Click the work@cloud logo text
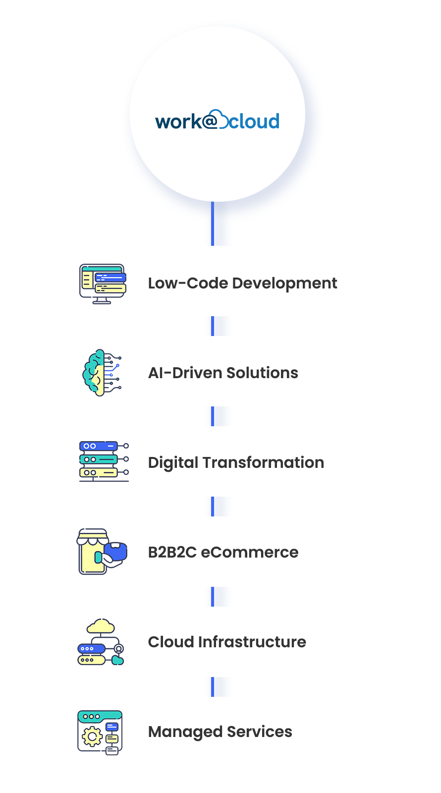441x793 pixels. [217, 121]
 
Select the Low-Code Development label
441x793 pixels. [242, 283]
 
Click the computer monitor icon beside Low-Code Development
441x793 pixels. [103, 283]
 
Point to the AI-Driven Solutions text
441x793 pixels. [223, 373]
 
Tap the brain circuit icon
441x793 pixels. [101, 373]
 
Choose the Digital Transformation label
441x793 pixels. [236, 462]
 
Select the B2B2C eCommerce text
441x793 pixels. [223, 552]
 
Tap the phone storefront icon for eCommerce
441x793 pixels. [93, 552]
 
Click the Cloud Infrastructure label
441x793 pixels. [227, 642]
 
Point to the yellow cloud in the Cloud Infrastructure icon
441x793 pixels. [101, 626]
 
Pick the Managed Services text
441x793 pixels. [220, 732]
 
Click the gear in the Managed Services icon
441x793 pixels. [92, 737]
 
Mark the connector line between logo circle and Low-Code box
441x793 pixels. [213, 224]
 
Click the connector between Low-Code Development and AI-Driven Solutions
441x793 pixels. [213, 326]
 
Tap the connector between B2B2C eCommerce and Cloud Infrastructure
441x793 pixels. [213, 597]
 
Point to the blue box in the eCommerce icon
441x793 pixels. [116, 551]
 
